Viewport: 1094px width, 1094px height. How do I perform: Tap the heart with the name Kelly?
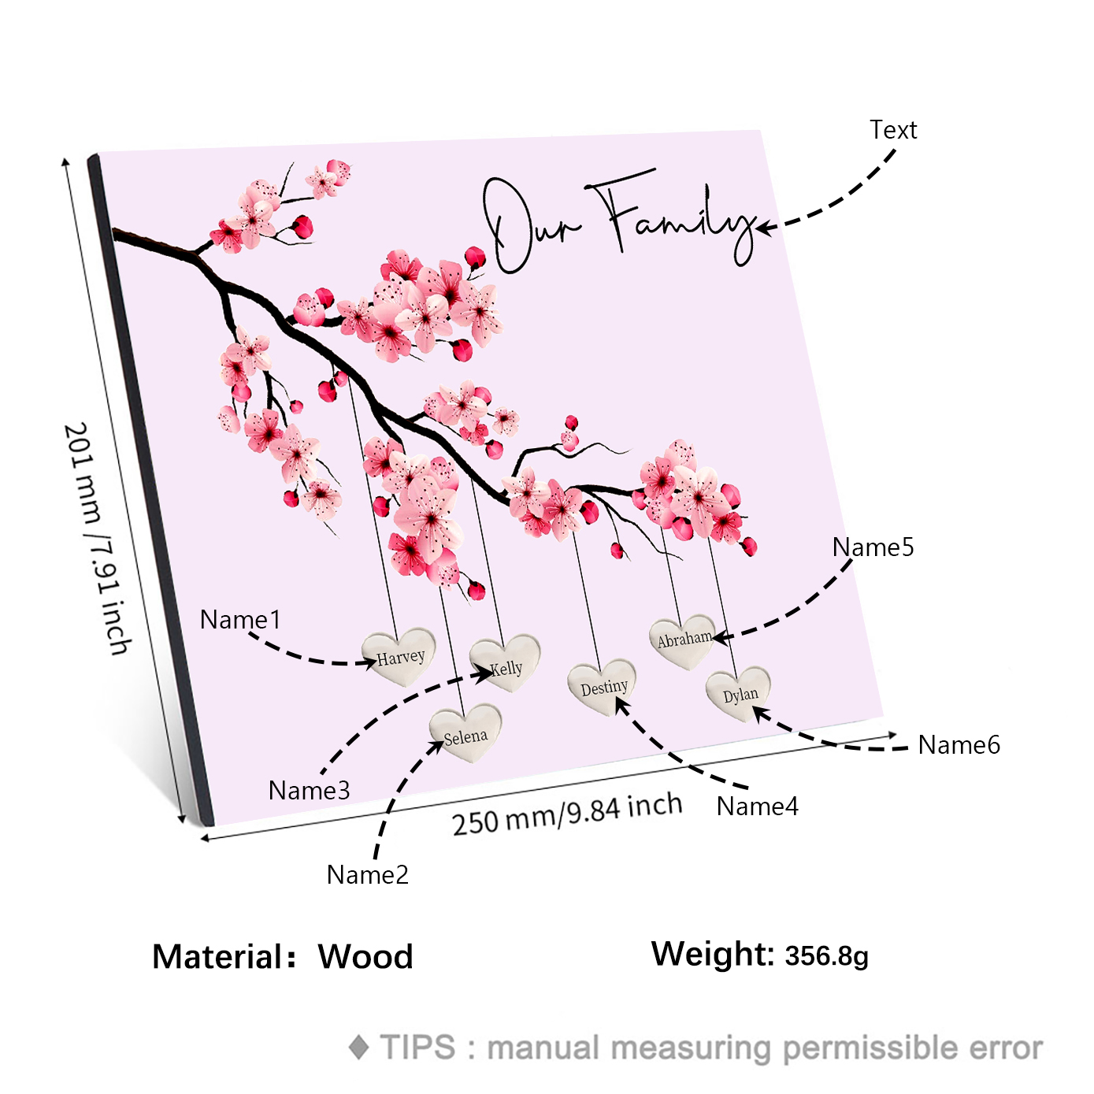click(x=505, y=662)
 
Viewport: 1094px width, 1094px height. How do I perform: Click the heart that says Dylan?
click(x=739, y=692)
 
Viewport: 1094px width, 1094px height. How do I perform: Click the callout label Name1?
click(x=240, y=620)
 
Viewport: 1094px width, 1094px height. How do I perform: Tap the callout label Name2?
click(x=368, y=874)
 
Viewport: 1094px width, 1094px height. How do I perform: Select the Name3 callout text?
click(x=309, y=790)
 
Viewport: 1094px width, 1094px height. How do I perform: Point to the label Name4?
click(x=757, y=806)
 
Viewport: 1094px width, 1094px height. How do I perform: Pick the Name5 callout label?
click(x=873, y=547)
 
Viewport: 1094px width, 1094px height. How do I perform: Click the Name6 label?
click(x=959, y=744)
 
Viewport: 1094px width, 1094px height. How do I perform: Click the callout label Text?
click(x=893, y=129)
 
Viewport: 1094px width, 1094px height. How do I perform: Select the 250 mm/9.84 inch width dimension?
click(x=567, y=813)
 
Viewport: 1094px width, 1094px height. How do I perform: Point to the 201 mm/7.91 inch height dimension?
click(x=98, y=539)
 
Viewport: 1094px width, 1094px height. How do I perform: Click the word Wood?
click(x=365, y=956)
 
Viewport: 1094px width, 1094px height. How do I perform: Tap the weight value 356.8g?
click(x=826, y=955)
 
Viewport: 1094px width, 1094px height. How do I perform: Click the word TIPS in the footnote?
click(x=417, y=1048)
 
